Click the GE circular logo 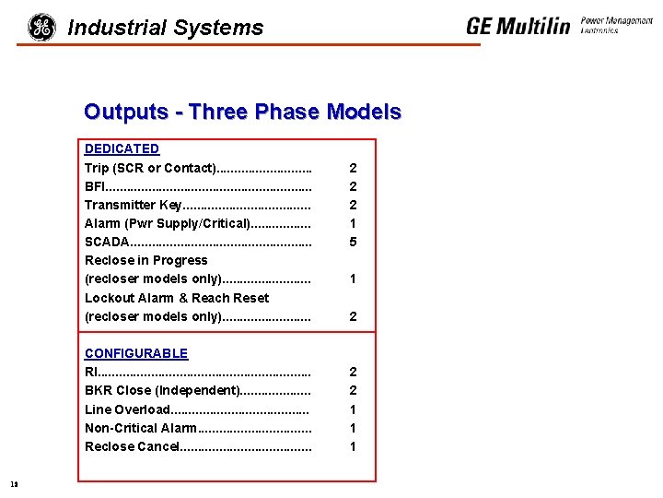tap(41, 28)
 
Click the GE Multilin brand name tap(518, 26)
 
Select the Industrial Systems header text tap(166, 29)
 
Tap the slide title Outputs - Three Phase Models tap(242, 113)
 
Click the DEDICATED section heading tap(122, 148)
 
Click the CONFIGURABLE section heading tap(136, 353)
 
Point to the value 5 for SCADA tap(353, 242)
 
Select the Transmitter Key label tap(134, 205)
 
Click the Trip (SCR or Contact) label tap(149, 168)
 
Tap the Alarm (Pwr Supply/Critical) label tap(167, 223)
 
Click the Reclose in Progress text tap(145, 260)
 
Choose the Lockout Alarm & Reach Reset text tap(177, 298)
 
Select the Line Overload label tap(127, 409)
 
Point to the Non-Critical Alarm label tap(140, 428)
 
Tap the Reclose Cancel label tap(131, 446)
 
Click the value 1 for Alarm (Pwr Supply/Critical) tap(353, 223)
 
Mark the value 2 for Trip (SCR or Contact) tap(353, 168)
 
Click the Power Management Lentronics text tap(616, 25)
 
